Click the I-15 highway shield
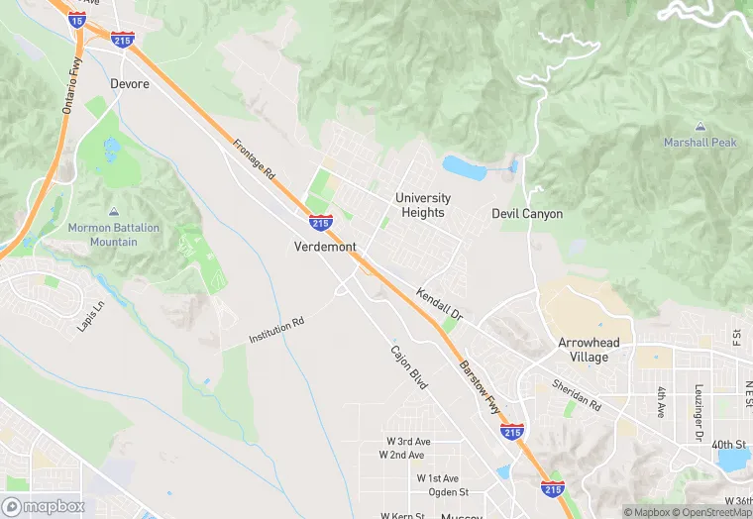pos(77,18)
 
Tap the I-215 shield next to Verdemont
pos(319,223)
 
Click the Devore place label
pos(130,84)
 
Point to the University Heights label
pos(423,205)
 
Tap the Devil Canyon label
pos(527,214)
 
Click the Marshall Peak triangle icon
pos(700,128)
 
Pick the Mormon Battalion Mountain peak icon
pos(114,212)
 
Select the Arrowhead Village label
pos(589,350)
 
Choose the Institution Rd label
pos(276,331)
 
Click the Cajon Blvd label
pos(408,366)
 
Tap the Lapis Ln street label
pos(90,314)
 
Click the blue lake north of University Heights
pos(464,167)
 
